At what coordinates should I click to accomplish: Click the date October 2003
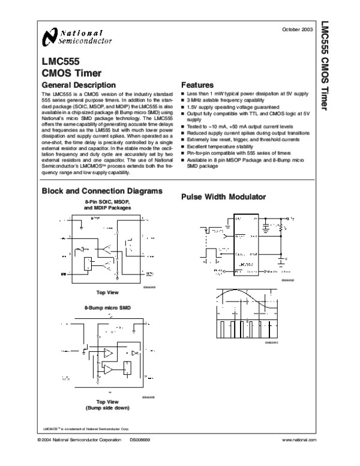tap(298, 29)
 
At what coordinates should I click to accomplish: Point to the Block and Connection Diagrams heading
tap(101, 191)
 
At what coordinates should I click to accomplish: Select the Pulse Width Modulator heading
tap(224, 197)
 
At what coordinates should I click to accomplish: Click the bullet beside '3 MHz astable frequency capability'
tap(183, 100)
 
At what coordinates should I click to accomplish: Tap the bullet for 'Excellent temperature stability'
tap(183, 147)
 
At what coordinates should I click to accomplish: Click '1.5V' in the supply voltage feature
tap(193, 106)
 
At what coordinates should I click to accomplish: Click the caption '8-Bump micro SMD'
tap(107, 307)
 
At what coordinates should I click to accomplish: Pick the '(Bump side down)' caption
tap(107, 408)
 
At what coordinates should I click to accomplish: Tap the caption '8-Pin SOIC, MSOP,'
tap(107, 202)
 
